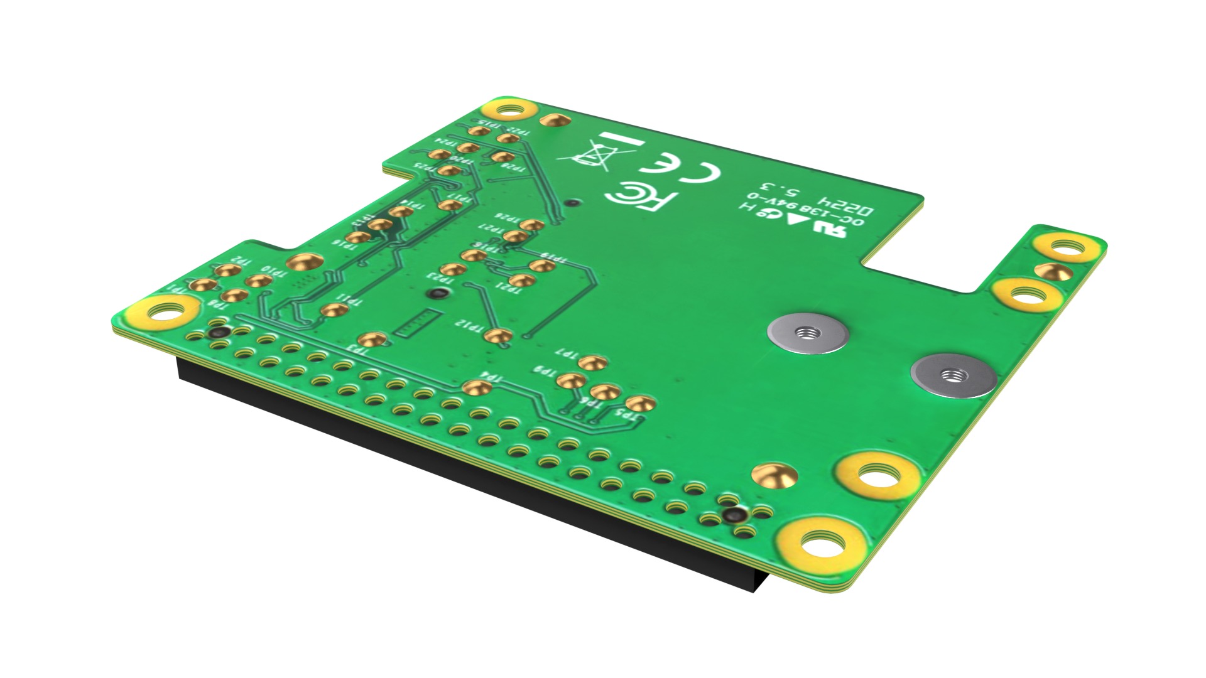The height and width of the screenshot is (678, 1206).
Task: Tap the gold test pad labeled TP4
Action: (x=477, y=387)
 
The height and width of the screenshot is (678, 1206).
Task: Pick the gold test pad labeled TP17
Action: (x=450, y=205)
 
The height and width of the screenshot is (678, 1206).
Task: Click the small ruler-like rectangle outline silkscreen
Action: (x=417, y=321)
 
